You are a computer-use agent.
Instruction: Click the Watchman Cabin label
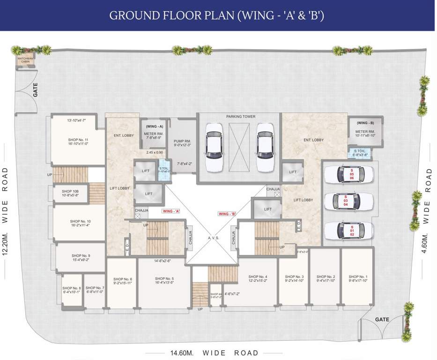click(x=25, y=60)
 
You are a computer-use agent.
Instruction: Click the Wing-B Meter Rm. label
click(x=365, y=133)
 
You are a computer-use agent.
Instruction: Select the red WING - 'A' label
click(x=171, y=211)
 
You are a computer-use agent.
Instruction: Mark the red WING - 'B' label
click(x=227, y=214)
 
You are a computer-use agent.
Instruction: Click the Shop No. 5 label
click(x=164, y=281)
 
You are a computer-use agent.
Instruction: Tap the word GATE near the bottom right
click(x=382, y=319)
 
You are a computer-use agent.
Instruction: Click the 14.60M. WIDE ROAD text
click(x=211, y=352)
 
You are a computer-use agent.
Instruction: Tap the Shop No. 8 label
click(x=72, y=290)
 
